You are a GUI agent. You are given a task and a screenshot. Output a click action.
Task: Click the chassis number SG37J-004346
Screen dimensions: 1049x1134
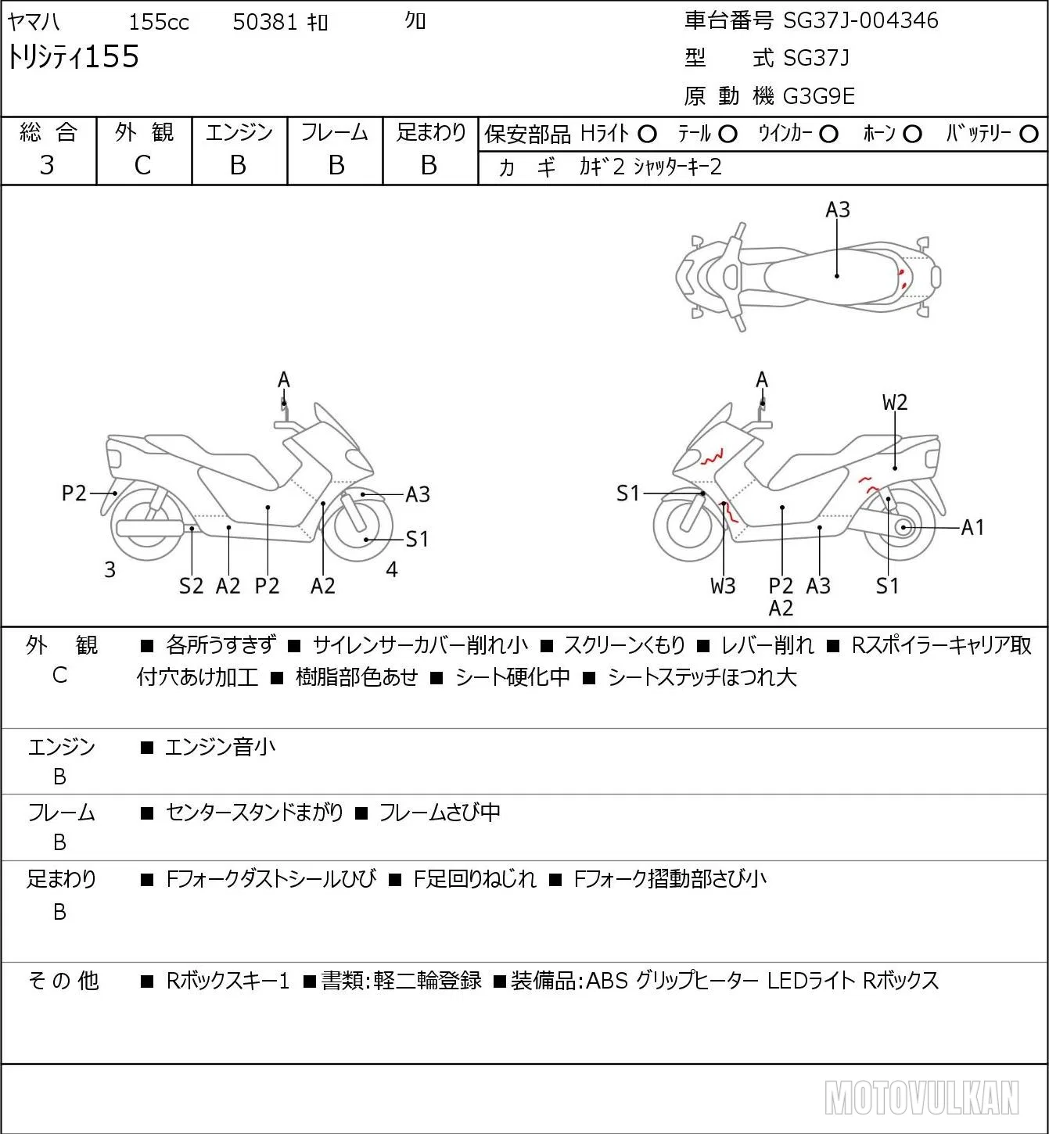coord(860,21)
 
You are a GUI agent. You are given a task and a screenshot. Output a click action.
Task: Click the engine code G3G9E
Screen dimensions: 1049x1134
coord(819,96)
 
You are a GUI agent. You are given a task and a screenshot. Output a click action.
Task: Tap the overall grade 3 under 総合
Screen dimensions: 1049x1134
coord(47,165)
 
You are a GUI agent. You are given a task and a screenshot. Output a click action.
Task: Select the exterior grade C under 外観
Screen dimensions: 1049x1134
coord(143,166)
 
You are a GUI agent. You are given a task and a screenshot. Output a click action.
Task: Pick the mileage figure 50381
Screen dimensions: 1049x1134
coord(264,22)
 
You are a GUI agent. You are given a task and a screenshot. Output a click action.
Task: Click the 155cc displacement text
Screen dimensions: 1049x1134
coord(159,22)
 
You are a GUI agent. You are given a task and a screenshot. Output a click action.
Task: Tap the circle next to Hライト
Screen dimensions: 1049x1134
coord(647,135)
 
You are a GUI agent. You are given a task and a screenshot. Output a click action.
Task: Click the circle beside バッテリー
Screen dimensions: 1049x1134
coord(1029,135)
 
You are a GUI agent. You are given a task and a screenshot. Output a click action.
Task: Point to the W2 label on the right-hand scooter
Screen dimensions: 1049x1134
coord(895,403)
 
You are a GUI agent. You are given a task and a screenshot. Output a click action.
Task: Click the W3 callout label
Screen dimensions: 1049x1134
coord(723,586)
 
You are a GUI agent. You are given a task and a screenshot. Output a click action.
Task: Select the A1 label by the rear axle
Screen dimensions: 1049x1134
coord(972,528)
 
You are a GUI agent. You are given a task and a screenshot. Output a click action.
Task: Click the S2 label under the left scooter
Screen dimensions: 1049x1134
coord(191,586)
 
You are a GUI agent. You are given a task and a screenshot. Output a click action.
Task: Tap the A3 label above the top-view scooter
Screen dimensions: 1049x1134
coord(838,210)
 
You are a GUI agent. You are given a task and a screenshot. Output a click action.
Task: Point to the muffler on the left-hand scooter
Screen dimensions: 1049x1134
coord(149,528)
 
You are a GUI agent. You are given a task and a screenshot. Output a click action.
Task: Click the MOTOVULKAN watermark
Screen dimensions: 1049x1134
coord(921,1097)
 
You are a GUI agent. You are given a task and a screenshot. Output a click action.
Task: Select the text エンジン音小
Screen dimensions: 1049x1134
coord(220,747)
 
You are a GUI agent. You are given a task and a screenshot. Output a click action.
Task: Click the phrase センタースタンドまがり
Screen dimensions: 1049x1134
coord(254,812)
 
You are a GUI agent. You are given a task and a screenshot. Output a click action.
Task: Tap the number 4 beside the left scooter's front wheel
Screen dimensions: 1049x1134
coord(391,569)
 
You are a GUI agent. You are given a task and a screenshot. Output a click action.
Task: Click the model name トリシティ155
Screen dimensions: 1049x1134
coord(73,57)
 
